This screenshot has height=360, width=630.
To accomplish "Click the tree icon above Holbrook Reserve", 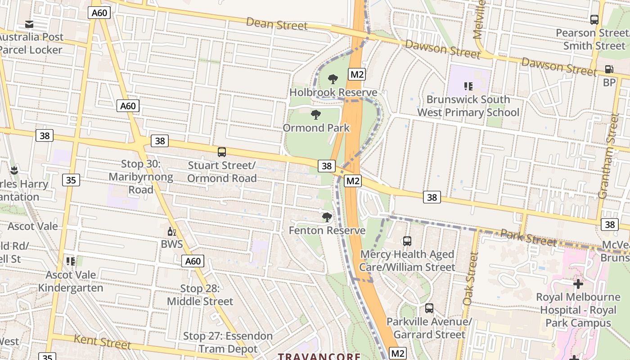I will click(333, 80).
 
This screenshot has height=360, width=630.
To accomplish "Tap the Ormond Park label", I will click(316, 128).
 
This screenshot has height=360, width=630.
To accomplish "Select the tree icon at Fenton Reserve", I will click(327, 218).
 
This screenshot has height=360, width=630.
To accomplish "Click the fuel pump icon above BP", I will click(609, 70).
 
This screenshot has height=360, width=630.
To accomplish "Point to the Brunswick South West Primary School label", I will click(468, 106).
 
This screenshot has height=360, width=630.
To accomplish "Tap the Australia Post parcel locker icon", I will click(29, 24).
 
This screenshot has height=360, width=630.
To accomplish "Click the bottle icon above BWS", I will click(171, 232).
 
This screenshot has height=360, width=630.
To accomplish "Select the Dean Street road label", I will click(277, 24).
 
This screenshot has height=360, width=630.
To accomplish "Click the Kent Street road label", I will click(102, 342).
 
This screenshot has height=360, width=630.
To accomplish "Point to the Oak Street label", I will click(471, 279).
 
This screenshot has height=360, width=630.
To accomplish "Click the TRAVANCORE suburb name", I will click(319, 356).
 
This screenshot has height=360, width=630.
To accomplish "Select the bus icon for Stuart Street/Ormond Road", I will click(221, 152).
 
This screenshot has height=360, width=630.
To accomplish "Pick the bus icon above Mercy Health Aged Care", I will click(407, 241).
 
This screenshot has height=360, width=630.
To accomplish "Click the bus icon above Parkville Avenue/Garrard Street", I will click(429, 308).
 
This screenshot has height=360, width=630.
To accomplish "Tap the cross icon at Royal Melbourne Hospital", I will click(578, 284).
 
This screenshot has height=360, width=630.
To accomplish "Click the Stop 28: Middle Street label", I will click(200, 295).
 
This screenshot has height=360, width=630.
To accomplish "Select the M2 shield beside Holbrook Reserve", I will click(357, 74).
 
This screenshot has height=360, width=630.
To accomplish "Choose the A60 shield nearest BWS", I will click(193, 261).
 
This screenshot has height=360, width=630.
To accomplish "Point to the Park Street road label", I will click(528, 238).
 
